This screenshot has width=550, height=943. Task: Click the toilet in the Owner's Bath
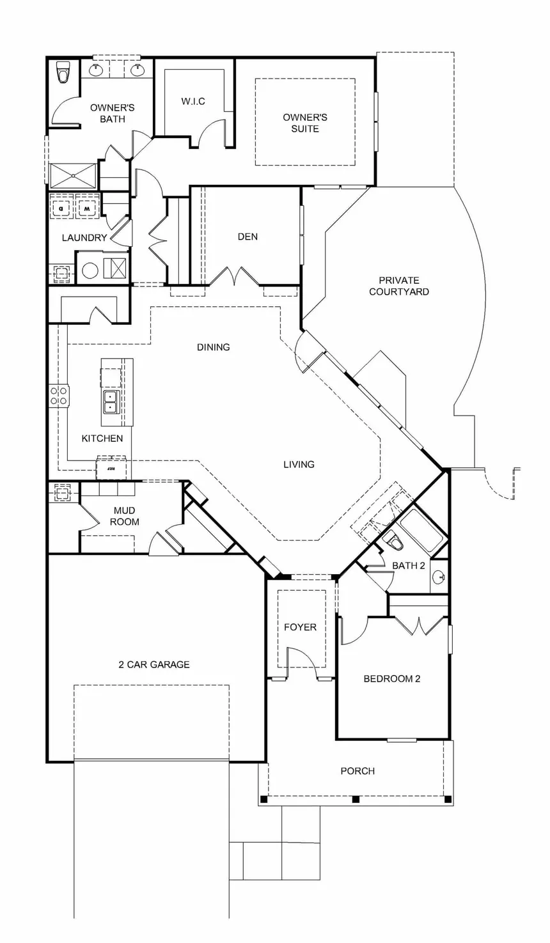pyautogui.click(x=63, y=72)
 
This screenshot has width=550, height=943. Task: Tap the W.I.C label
pyautogui.click(x=193, y=102)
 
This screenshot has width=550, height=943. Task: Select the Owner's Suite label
pyautogui.click(x=305, y=123)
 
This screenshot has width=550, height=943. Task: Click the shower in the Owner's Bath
pyautogui.click(x=74, y=175)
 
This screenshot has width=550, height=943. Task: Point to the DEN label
pyautogui.click(x=247, y=237)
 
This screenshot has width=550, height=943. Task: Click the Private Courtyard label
pyautogui.click(x=399, y=286)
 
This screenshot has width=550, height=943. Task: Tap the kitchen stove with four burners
pyautogui.click(x=59, y=396)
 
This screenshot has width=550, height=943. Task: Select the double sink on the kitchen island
pyautogui.click(x=111, y=402)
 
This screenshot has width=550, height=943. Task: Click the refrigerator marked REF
pyautogui.click(x=111, y=468)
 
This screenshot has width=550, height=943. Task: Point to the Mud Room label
pyautogui.click(x=125, y=516)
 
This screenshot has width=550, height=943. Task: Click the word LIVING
pyautogui.click(x=299, y=464)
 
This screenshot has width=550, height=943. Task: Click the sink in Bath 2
pyautogui.click(x=439, y=576)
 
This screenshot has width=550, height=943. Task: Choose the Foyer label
pyautogui.click(x=300, y=627)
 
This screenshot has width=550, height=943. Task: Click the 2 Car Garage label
pyautogui.click(x=154, y=665)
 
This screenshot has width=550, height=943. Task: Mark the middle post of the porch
pyautogui.click(x=356, y=799)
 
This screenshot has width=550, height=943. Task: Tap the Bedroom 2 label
pyautogui.click(x=392, y=678)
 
